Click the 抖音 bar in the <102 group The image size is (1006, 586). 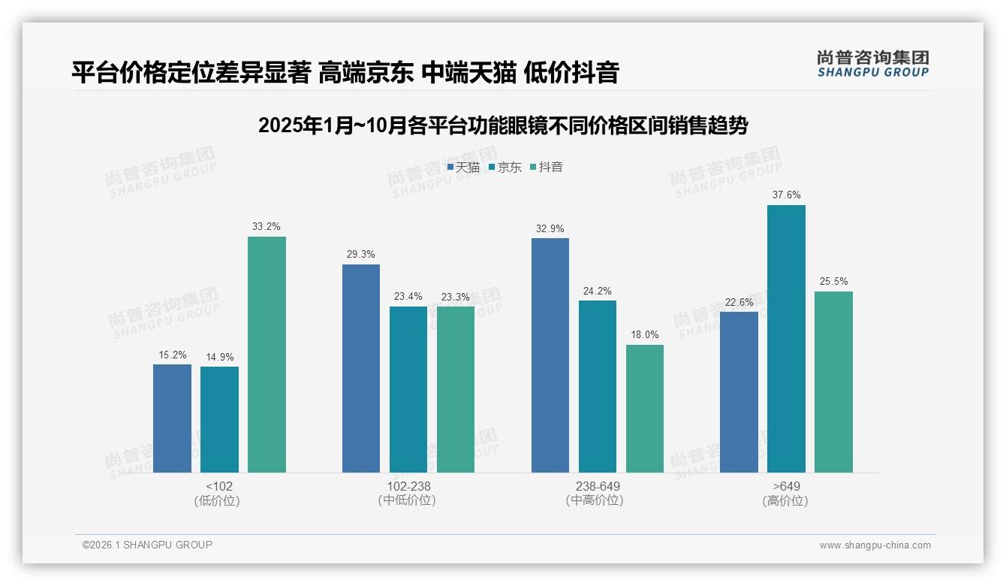pyautogui.click(x=267, y=355)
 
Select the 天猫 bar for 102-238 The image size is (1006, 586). pyautogui.click(x=361, y=368)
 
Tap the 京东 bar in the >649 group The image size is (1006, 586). pyautogui.click(x=786, y=339)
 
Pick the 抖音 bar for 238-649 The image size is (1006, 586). pyautogui.click(x=645, y=409)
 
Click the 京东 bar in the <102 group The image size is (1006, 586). pyautogui.click(x=219, y=419)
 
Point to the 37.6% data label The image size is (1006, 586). pyautogui.click(x=786, y=195)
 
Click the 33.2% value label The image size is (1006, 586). pyautogui.click(x=267, y=227)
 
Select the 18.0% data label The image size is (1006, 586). pyautogui.click(x=645, y=335)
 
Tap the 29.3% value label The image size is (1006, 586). pyautogui.click(x=361, y=255)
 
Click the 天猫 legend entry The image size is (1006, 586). pyautogui.click(x=463, y=168)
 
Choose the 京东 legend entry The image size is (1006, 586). pyautogui.click(x=505, y=168)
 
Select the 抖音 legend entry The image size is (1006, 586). pyautogui.click(x=547, y=168)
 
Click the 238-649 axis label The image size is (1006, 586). pyautogui.click(x=598, y=486)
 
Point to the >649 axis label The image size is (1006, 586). pyautogui.click(x=786, y=486)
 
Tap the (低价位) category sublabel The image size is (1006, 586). pyautogui.click(x=217, y=501)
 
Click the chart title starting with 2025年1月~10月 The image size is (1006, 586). pyautogui.click(x=502, y=125)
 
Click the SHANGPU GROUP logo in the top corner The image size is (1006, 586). pyautogui.click(x=873, y=64)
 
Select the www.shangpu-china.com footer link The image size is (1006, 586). pyautogui.click(x=875, y=545)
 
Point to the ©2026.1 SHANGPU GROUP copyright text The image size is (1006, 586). pyautogui.click(x=147, y=545)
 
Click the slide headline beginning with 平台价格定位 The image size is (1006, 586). pyautogui.click(x=345, y=72)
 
